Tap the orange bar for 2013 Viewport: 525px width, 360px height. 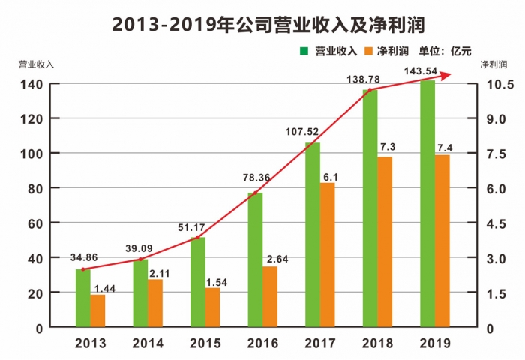(x=97, y=310)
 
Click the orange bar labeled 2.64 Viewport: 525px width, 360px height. (x=270, y=296)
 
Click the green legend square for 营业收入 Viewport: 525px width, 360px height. (x=304, y=51)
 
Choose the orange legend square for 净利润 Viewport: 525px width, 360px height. (x=368, y=51)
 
